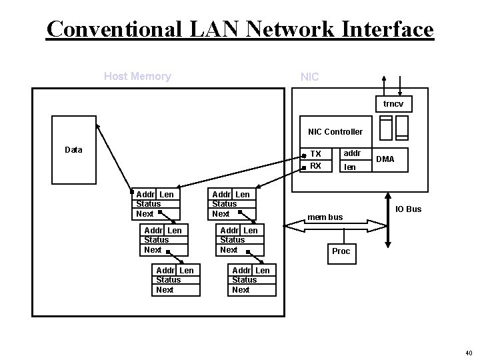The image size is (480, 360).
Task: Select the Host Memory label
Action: [137, 76]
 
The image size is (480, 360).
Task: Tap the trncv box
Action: [393, 105]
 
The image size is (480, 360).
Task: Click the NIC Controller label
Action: [335, 132]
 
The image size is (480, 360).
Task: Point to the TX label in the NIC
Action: [316, 154]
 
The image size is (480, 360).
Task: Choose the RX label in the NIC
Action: [316, 166]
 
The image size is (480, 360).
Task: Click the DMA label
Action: [385, 159]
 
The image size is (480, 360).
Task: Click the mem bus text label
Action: [325, 217]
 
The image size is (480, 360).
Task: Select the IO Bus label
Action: [408, 209]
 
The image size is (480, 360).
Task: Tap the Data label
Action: [73, 149]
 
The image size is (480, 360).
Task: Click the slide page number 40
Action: [467, 353]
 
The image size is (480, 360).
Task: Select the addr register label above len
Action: [352, 154]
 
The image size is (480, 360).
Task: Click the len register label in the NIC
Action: [349, 167]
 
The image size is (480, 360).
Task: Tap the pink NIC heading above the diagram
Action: [310, 77]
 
